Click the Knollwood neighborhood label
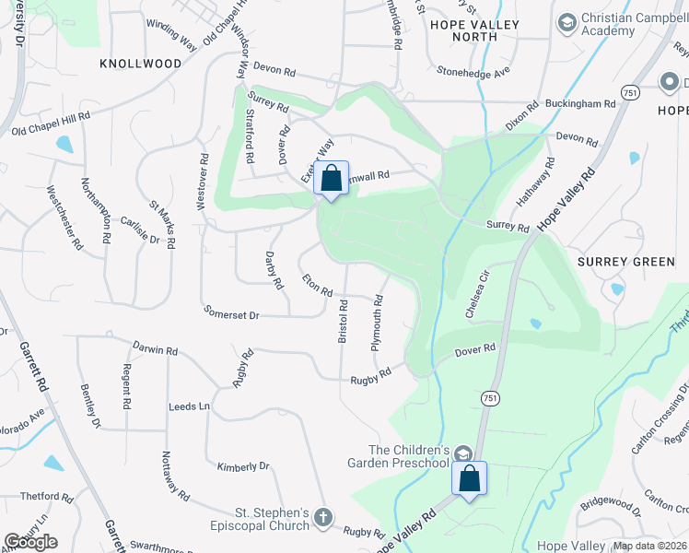(141, 63)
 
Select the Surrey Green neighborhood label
(625, 262)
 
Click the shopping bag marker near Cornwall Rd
(332, 179)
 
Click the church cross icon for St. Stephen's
(322, 518)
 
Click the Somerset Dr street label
(232, 314)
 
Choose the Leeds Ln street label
(190, 406)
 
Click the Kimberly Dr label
(243, 466)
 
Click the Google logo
(30, 542)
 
